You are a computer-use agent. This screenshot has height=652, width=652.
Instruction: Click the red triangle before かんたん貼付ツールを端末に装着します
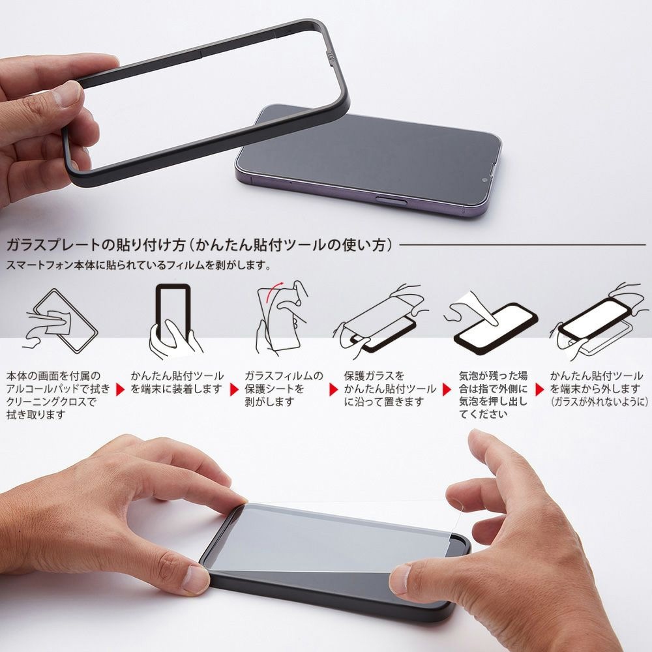(x=120, y=389)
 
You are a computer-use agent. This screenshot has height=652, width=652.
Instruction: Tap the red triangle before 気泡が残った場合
(x=447, y=389)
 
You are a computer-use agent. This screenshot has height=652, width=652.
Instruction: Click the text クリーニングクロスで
(x=51, y=402)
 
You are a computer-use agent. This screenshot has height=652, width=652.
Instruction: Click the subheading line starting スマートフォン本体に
(x=137, y=265)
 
